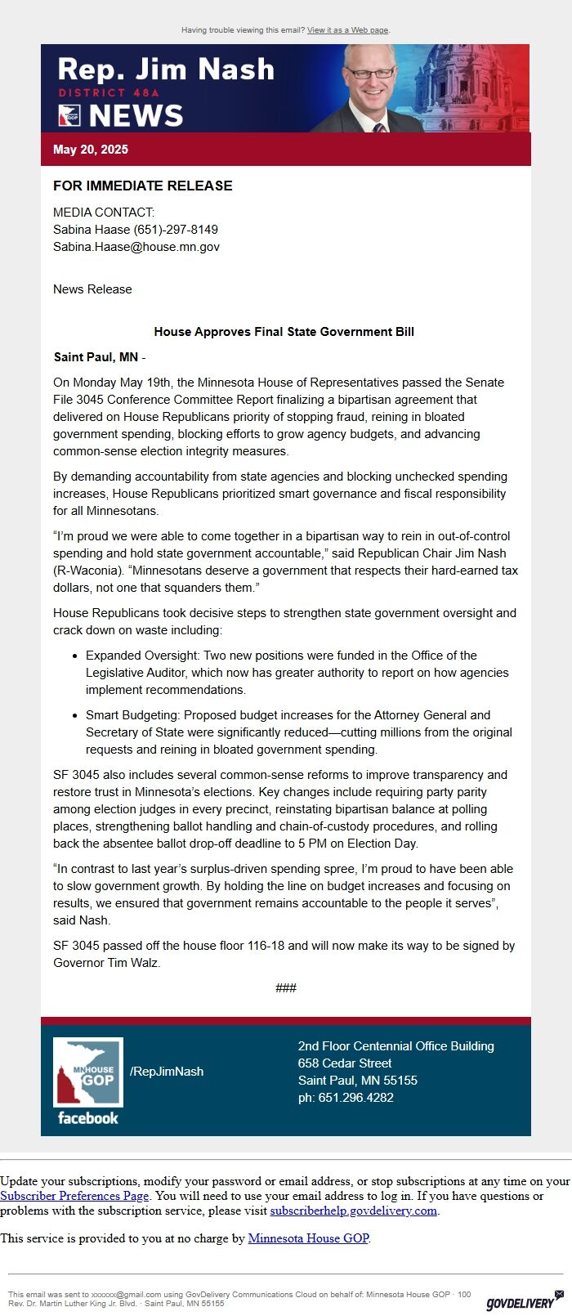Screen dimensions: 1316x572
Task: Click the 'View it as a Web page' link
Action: click(x=347, y=30)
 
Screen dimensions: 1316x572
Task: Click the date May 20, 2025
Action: click(x=91, y=150)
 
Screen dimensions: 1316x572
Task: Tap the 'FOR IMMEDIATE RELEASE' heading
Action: click(x=143, y=186)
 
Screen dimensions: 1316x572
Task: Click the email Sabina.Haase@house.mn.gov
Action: click(x=136, y=247)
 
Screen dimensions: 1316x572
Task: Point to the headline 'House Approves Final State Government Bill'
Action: click(x=284, y=332)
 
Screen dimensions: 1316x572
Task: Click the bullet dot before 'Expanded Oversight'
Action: click(x=74, y=656)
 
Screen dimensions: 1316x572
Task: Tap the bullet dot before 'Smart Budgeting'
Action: click(x=74, y=715)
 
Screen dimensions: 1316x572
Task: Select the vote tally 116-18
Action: click(x=244, y=946)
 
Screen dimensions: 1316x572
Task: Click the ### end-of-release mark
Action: click(x=286, y=988)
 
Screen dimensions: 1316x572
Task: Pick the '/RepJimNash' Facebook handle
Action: click(x=167, y=1072)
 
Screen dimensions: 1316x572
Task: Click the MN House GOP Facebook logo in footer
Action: click(x=88, y=1081)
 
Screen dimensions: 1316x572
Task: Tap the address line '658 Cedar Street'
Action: click(x=345, y=1063)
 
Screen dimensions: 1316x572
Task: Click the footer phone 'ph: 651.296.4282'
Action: click(x=346, y=1098)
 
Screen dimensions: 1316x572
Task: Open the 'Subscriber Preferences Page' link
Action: click(x=74, y=1196)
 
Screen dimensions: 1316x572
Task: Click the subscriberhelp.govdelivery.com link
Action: click(x=354, y=1211)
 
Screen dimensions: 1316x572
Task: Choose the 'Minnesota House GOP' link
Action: click(x=308, y=1238)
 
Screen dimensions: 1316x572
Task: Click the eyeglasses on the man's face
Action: click(x=372, y=73)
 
